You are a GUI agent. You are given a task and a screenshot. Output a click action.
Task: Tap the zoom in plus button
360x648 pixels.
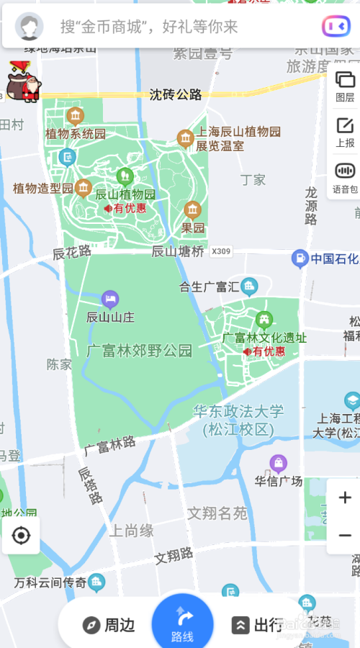345,498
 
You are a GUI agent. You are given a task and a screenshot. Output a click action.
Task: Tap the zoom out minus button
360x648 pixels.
345,535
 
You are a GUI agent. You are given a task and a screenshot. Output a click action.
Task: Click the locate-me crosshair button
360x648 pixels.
21,536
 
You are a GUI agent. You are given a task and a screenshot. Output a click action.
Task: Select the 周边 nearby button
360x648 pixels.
109,625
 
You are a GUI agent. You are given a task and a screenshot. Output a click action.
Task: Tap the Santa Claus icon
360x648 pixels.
24,82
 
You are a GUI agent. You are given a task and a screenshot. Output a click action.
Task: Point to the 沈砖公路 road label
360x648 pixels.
176,94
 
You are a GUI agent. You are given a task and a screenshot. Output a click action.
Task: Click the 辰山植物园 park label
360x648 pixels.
126,194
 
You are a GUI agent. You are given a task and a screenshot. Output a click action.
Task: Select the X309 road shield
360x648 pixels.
222,251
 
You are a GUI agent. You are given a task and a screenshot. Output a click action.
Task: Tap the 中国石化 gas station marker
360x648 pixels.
300,258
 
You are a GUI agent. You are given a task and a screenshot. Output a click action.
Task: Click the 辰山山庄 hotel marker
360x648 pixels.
110,299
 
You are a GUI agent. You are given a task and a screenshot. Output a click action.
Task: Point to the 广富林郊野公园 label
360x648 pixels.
140,351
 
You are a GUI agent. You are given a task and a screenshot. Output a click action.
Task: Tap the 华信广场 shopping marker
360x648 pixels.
278,463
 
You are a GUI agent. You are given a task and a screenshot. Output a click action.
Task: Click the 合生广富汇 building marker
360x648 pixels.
249,286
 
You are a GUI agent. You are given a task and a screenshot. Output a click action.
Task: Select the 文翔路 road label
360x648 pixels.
174,557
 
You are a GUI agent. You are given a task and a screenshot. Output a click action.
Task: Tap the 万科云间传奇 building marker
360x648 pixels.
96,582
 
